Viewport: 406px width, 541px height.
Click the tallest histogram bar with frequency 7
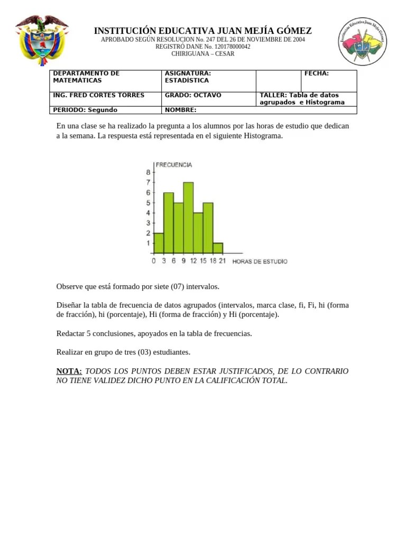tap(188, 218)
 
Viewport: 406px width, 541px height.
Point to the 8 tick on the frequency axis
tap(147, 172)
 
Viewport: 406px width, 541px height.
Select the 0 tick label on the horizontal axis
tap(154, 261)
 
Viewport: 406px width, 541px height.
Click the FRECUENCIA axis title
tap(173, 165)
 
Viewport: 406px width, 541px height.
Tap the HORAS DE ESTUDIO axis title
tap(260, 262)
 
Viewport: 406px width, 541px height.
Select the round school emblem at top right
tap(364, 42)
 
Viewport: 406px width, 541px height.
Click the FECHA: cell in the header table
tap(317, 73)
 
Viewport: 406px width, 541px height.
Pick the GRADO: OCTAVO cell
tap(193, 95)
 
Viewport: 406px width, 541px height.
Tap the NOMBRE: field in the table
tap(181, 110)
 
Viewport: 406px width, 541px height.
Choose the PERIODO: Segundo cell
tap(85, 110)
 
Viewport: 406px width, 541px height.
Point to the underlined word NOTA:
tap(69, 371)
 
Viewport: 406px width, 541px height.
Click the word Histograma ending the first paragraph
tap(263, 136)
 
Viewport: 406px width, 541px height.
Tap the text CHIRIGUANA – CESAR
tap(203, 54)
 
